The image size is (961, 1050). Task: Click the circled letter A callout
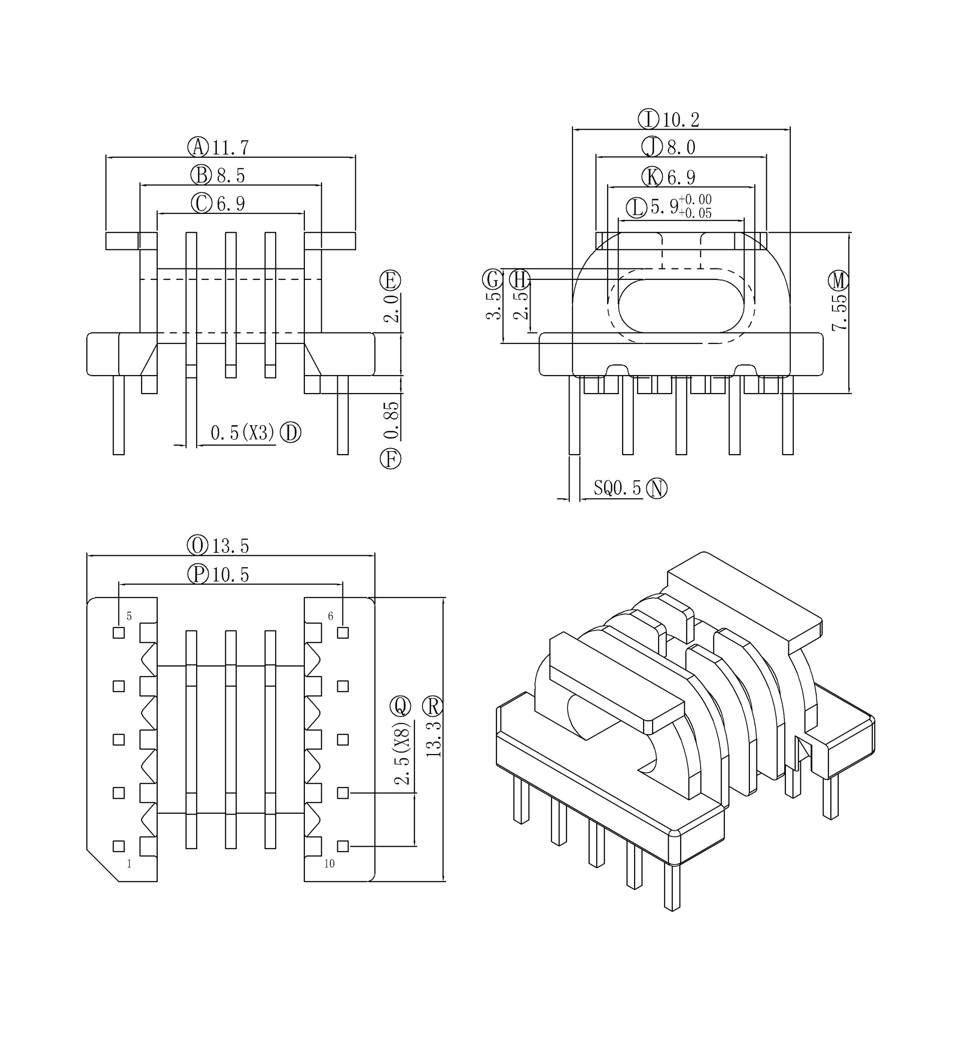coord(198,147)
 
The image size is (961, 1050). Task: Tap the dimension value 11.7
coord(231,148)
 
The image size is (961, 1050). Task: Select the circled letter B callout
coord(201,175)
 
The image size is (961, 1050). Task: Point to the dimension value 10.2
coord(681,120)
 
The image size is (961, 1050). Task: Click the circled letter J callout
coord(652,147)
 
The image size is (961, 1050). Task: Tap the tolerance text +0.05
coord(695,213)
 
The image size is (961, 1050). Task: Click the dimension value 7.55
coord(839,312)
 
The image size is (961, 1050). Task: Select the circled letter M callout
coord(838,281)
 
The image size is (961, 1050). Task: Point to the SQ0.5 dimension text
coord(618,488)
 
